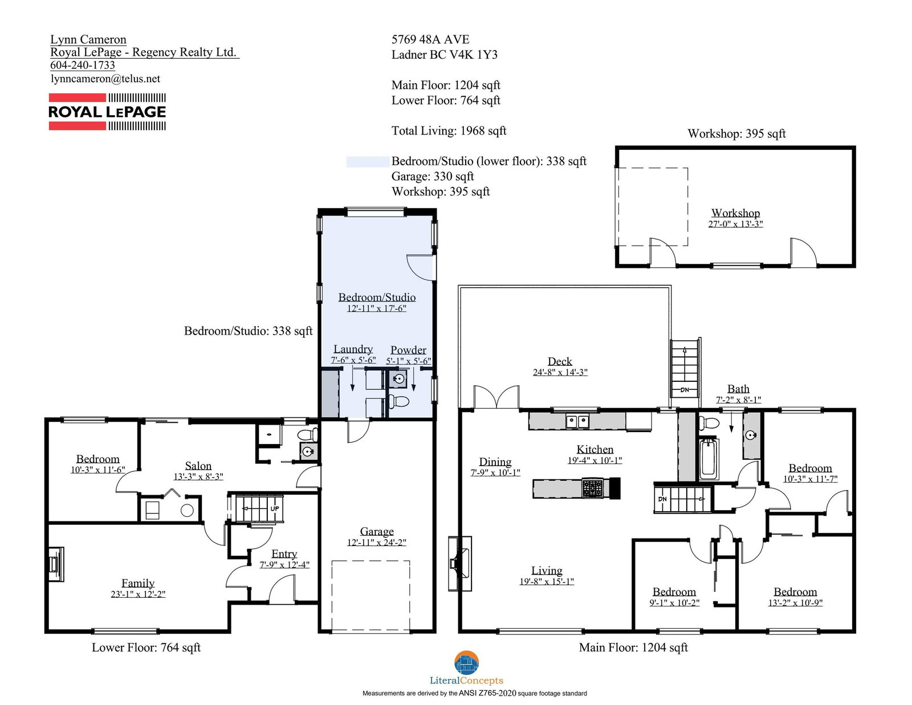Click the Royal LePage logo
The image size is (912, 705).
pyautogui.click(x=107, y=112)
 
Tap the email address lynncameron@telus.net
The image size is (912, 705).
pyautogui.click(x=105, y=79)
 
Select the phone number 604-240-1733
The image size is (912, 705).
pyautogui.click(x=83, y=65)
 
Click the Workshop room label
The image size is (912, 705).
pyautogui.click(x=735, y=213)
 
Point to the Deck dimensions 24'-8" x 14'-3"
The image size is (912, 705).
pyautogui.click(x=560, y=372)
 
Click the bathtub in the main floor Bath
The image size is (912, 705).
pyautogui.click(x=709, y=459)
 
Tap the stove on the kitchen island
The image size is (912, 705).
pyautogui.click(x=592, y=488)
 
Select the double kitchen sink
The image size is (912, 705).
pyautogui.click(x=577, y=421)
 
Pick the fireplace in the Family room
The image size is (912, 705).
pyautogui.click(x=55, y=564)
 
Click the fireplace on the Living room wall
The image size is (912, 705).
pyautogui.click(x=460, y=564)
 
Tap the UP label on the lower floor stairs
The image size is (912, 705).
pyautogui.click(x=275, y=508)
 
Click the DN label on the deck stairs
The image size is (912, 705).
pyautogui.click(x=684, y=389)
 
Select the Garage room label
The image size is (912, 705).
pyautogui.click(x=376, y=531)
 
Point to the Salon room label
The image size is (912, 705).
pyautogui.click(x=198, y=466)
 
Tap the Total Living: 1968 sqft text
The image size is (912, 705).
pyautogui.click(x=449, y=131)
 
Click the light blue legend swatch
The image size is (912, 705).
pyautogui.click(x=368, y=161)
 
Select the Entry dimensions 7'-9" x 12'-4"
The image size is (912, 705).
pyautogui.click(x=284, y=564)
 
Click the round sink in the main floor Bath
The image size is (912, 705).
pyautogui.click(x=751, y=435)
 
